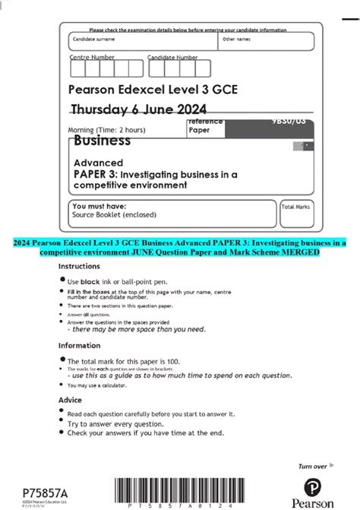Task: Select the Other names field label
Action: [x=236, y=39]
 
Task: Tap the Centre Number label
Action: [x=93, y=57]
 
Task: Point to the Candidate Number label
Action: [x=172, y=57]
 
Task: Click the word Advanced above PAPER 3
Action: [x=98, y=163]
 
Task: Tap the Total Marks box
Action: [x=296, y=214]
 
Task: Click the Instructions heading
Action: [x=79, y=267]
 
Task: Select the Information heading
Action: [x=80, y=344]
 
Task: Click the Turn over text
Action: [x=312, y=466]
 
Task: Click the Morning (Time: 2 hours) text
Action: [x=106, y=129]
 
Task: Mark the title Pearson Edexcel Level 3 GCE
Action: [x=153, y=89]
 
